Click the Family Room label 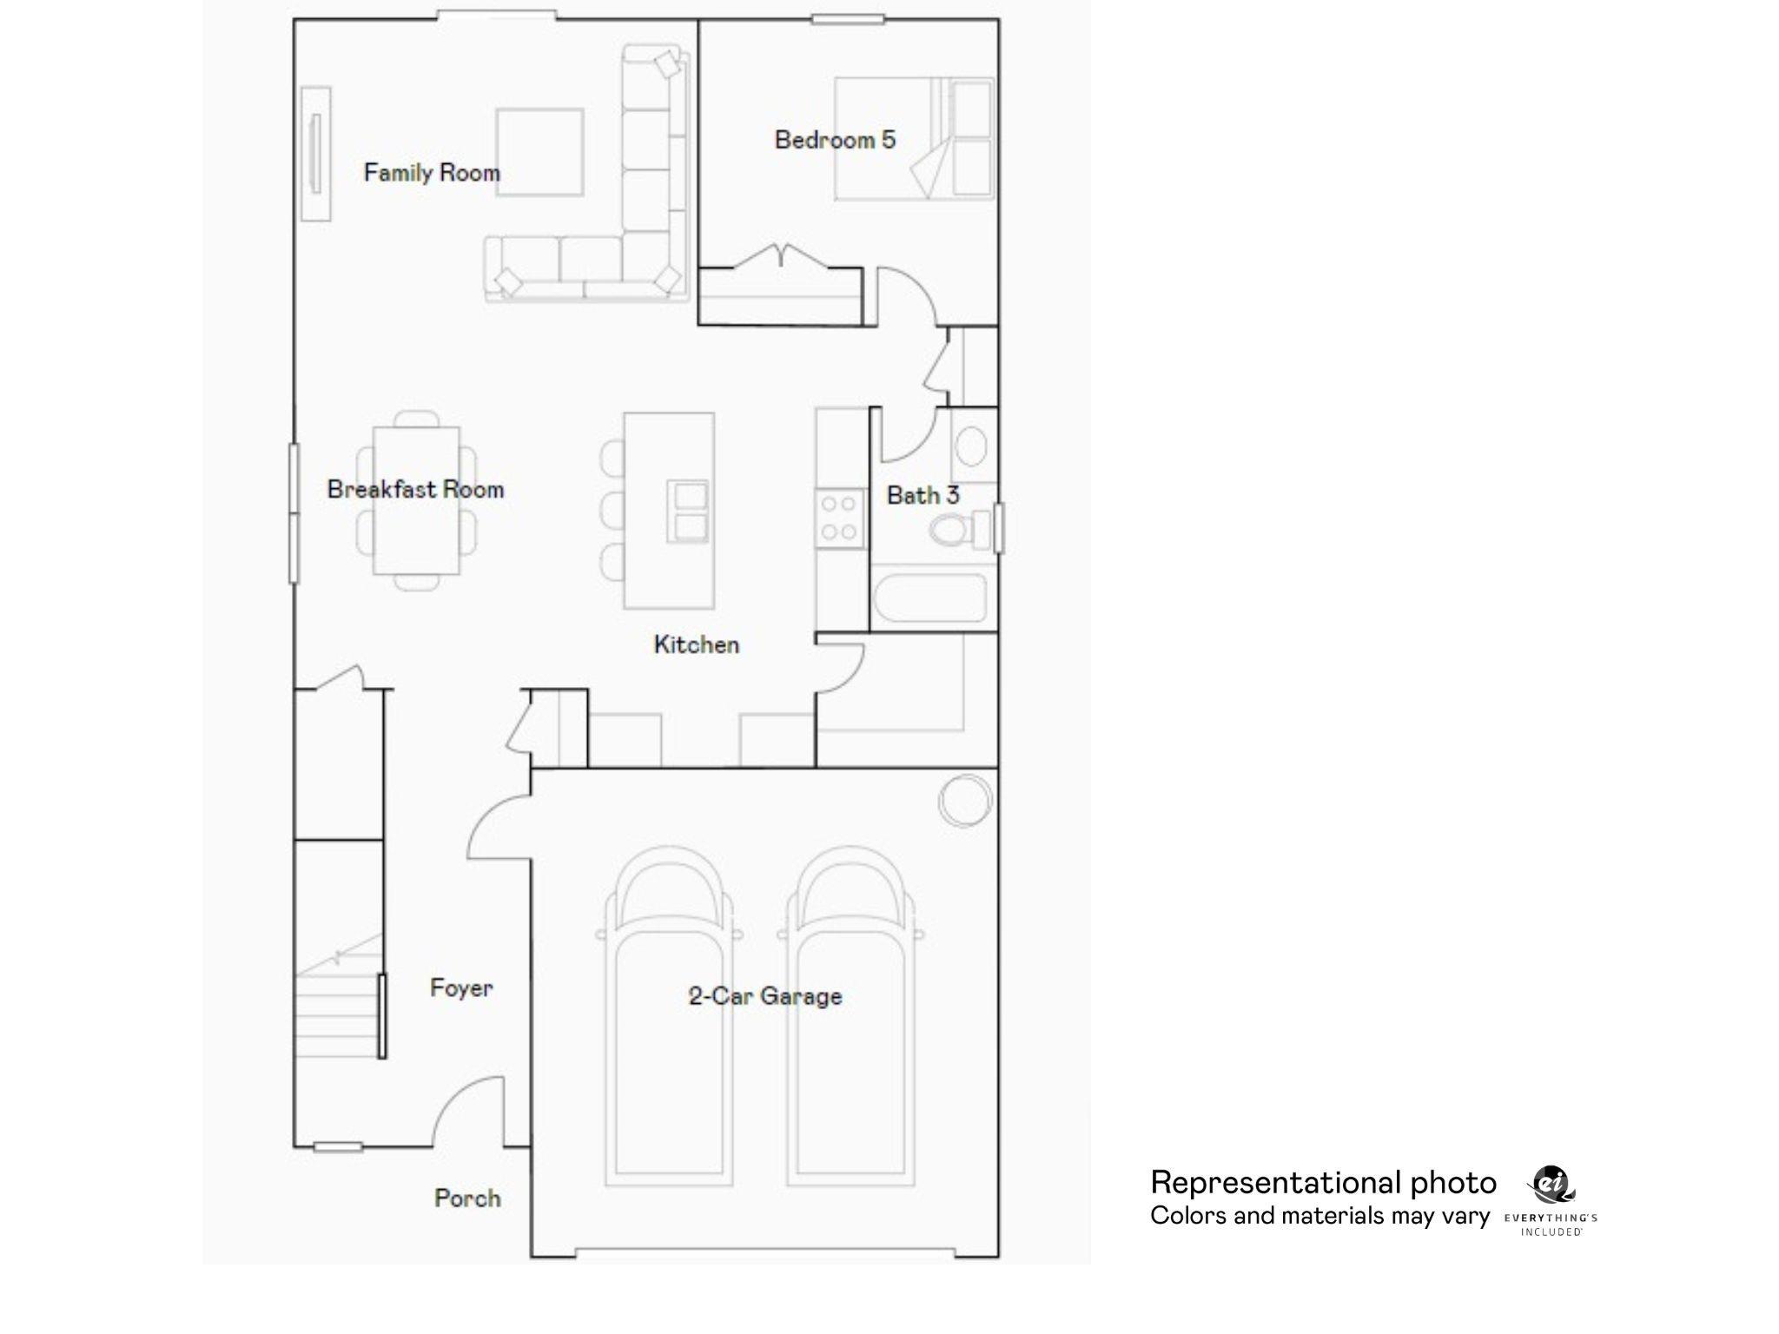432,173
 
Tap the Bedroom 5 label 835,140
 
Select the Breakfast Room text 415,490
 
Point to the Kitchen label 696,644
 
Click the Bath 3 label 923,495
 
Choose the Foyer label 461,987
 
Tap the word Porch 467,1199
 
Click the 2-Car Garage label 764,995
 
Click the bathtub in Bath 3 929,597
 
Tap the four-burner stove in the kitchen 839,518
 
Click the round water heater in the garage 964,800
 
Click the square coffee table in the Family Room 539,152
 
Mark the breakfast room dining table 416,500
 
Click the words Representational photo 1323,1183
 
